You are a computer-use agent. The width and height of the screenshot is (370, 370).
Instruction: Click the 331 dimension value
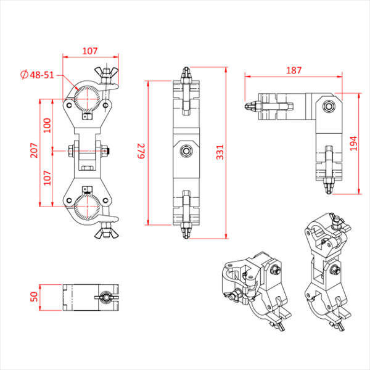coord(220,152)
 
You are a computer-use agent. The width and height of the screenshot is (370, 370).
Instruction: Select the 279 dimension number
coord(141,151)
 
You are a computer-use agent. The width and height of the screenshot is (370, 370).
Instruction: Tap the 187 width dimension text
coord(294,70)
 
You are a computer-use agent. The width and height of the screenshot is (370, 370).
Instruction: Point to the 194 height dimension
coord(353,144)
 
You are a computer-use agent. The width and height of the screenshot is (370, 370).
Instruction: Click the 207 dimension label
coord(34,150)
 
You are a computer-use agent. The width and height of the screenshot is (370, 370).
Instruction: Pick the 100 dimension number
coord(47,126)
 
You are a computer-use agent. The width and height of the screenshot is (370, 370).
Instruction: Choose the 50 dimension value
coord(34,297)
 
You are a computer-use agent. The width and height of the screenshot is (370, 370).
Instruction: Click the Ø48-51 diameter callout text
coord(37,75)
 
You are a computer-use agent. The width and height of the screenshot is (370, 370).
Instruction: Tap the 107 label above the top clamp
coord(90,51)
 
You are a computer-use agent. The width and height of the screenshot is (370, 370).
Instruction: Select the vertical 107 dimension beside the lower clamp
coord(47,178)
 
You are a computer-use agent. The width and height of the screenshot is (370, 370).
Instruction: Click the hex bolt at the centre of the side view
coord(186,150)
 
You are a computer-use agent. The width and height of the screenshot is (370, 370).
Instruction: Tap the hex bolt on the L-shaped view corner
coord(329,106)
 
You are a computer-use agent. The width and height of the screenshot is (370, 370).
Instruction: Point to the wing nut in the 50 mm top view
coord(107,298)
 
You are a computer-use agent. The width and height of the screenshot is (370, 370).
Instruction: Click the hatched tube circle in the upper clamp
coord(87,99)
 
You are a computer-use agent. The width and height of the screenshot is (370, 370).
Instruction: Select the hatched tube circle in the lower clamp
coord(87,207)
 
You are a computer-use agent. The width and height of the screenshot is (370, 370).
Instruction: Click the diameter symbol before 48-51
coord(24,75)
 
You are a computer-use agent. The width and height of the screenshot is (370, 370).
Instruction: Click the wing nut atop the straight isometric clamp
coord(337,221)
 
